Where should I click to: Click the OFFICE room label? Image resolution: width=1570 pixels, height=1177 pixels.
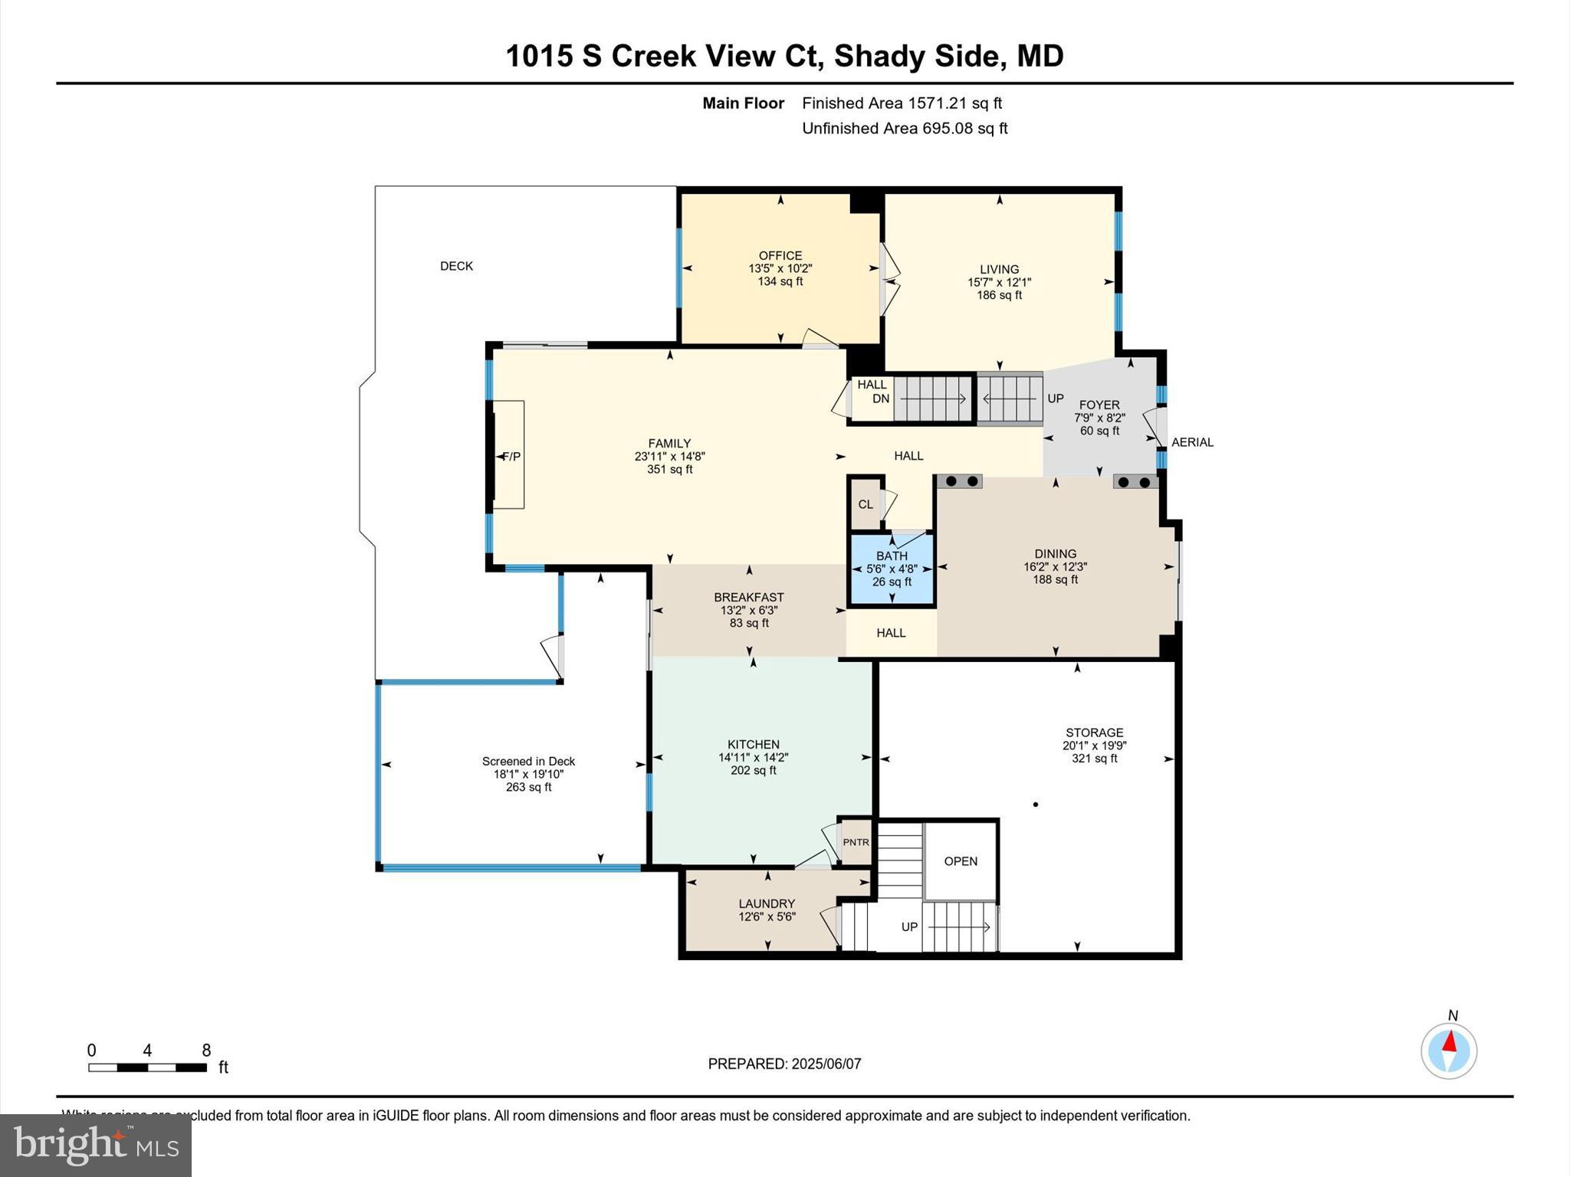click(780, 256)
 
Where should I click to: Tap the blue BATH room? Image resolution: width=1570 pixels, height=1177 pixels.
click(892, 569)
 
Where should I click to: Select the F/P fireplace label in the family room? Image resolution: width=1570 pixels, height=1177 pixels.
click(511, 457)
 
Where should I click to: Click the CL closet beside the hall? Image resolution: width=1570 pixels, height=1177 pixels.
click(865, 504)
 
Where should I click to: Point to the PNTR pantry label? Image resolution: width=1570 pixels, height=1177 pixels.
click(856, 842)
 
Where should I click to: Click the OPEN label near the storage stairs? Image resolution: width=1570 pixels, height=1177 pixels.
click(961, 861)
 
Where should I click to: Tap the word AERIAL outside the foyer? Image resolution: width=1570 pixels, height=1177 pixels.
click(1192, 442)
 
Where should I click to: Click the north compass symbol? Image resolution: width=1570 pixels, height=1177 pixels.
click(1448, 1050)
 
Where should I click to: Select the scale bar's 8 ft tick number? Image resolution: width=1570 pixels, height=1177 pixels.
click(206, 1051)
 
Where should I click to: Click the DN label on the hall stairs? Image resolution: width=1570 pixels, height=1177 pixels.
click(881, 398)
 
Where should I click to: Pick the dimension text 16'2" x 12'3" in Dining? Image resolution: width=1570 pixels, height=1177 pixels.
click(1055, 567)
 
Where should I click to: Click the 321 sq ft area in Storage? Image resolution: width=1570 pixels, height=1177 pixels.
click(1094, 759)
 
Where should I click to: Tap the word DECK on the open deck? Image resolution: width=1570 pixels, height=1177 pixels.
click(456, 266)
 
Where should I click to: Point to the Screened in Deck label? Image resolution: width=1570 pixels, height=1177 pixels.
click(528, 761)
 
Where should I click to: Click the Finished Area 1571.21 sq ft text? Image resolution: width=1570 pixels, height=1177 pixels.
click(902, 103)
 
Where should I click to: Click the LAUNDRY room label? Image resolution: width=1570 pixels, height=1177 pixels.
click(767, 903)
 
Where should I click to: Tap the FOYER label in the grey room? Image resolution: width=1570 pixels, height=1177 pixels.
click(1099, 405)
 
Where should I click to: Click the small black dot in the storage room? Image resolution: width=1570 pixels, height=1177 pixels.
click(1036, 805)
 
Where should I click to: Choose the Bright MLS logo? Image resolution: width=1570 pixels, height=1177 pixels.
click(96, 1145)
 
